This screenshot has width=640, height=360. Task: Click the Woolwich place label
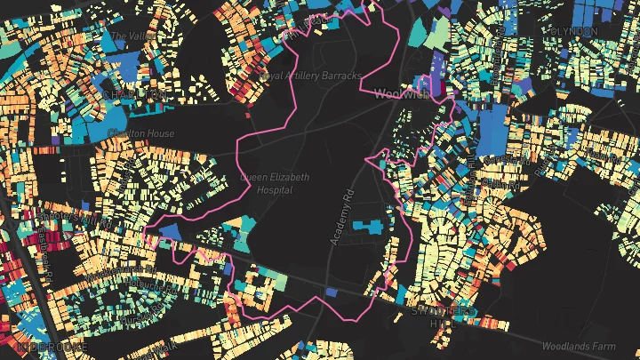pos(403,93)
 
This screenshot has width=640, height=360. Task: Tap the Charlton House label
pos(140,133)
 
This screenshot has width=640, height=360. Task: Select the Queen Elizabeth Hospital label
pos(275,183)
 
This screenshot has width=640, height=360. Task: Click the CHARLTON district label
pos(133,94)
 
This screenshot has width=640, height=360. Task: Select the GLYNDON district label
pos(572,31)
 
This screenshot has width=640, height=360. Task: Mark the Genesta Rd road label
pos(507,161)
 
